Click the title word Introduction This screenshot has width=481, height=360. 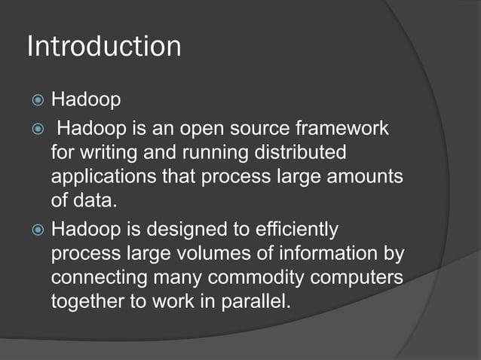(x=104, y=47)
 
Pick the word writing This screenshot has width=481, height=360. (x=103, y=153)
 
